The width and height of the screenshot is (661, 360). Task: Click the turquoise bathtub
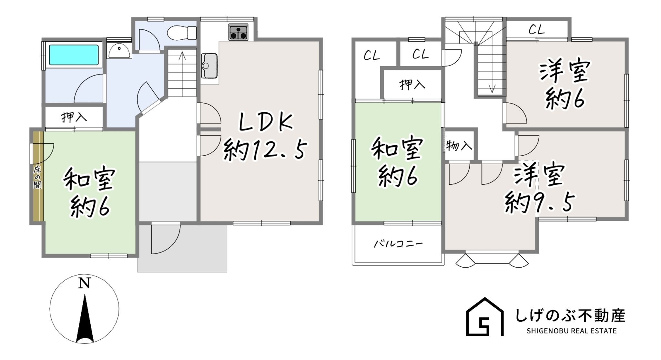tap(74, 55)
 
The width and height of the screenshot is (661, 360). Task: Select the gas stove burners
tap(239, 32)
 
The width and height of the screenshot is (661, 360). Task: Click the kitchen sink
tap(209, 66)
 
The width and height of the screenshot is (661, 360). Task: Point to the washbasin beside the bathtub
tap(119, 51)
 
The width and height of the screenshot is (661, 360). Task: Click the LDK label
tap(265, 123)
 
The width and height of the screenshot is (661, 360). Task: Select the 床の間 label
tap(38, 177)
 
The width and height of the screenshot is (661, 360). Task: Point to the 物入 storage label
tap(459, 146)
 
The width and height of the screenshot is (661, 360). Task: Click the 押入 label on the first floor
tap(74, 117)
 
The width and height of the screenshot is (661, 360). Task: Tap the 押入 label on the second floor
tap(412, 85)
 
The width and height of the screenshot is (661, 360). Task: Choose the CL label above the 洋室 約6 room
tap(536, 30)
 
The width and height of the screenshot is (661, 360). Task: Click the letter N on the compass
tap(84, 283)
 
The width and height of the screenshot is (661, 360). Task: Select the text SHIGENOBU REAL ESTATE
tap(571, 331)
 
